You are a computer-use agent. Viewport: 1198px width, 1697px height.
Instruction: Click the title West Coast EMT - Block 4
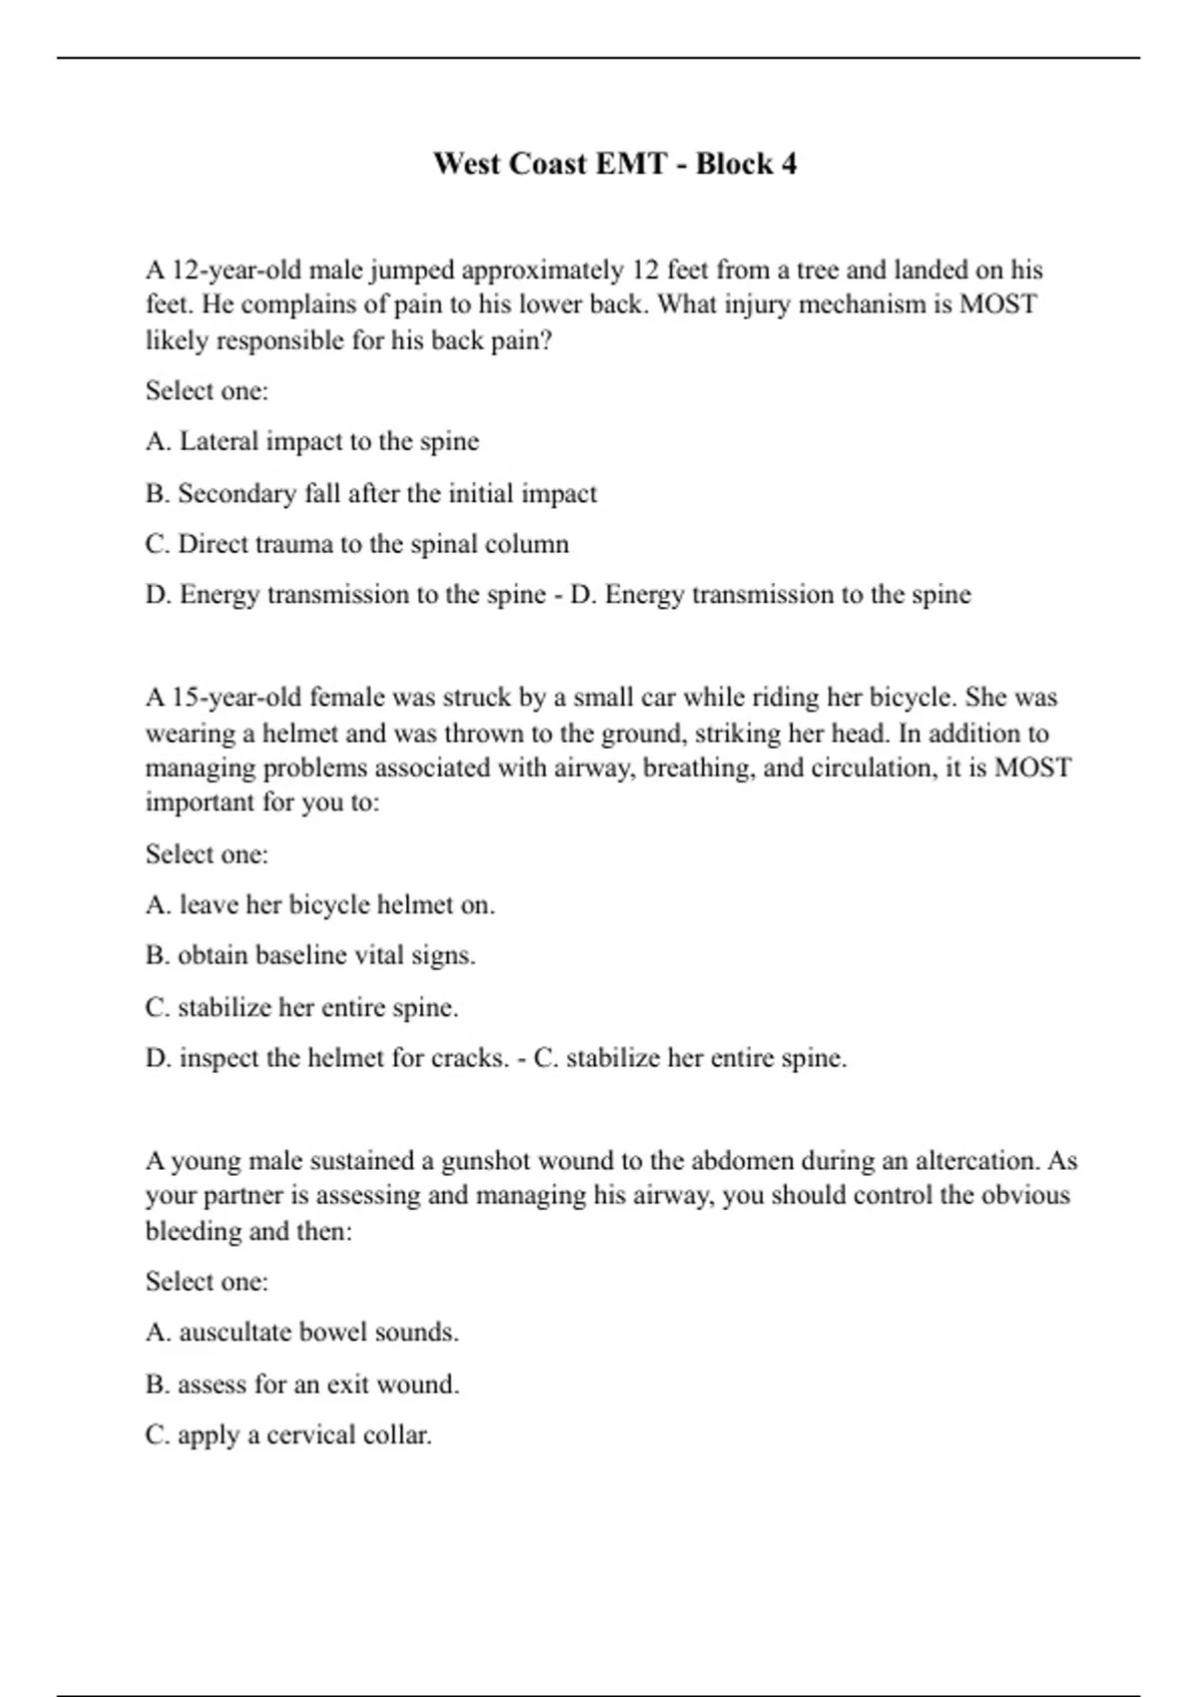(x=615, y=163)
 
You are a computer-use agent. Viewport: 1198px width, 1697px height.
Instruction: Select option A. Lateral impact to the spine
(x=312, y=441)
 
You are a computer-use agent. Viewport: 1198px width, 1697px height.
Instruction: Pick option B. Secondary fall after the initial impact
(x=371, y=493)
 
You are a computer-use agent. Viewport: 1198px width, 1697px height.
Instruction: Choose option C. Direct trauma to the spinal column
(x=357, y=544)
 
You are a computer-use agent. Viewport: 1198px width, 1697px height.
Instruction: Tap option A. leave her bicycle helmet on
(x=320, y=905)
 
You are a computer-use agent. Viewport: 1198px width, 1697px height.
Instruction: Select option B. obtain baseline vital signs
(x=310, y=955)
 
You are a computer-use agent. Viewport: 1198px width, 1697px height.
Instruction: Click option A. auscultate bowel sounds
(x=302, y=1333)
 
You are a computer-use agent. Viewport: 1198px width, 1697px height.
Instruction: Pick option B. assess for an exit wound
(x=302, y=1384)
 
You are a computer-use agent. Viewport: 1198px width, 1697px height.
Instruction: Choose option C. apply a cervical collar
(x=289, y=1435)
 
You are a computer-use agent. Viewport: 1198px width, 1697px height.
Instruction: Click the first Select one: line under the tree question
(x=207, y=390)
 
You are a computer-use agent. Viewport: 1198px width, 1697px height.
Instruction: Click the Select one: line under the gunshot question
(x=207, y=1282)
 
